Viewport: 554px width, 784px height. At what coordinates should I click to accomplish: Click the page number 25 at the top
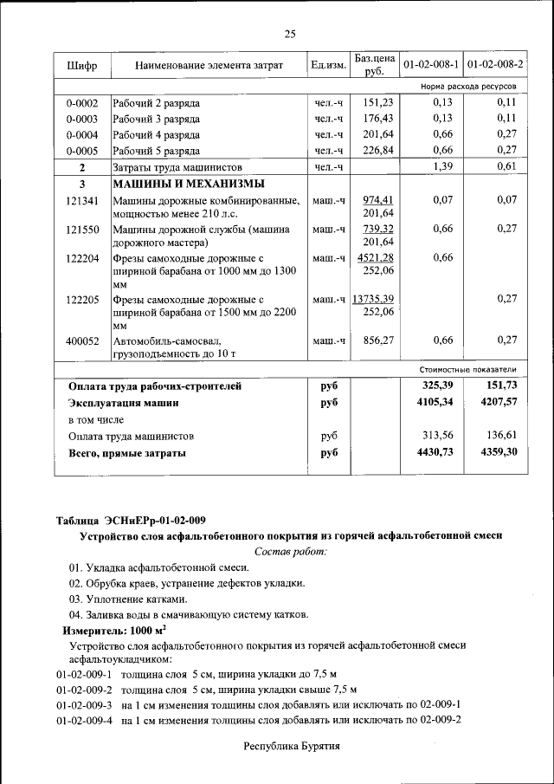pyautogui.click(x=290, y=34)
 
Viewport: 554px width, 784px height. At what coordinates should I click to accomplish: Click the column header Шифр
pyautogui.click(x=82, y=65)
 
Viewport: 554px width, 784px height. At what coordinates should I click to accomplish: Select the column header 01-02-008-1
pyautogui.click(x=430, y=65)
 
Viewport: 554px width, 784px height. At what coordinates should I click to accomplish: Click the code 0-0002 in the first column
pyautogui.click(x=82, y=102)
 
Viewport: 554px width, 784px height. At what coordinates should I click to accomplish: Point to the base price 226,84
pyautogui.click(x=377, y=150)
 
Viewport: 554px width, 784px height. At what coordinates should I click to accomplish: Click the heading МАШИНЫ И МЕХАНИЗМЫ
pyautogui.click(x=188, y=184)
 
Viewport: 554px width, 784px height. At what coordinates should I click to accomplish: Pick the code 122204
pyautogui.click(x=82, y=258)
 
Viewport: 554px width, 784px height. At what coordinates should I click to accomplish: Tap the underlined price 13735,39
pyautogui.click(x=374, y=299)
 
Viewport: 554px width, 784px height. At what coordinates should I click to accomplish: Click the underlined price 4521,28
pyautogui.click(x=377, y=257)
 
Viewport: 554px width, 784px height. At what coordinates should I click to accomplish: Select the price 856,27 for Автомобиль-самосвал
pyautogui.click(x=377, y=340)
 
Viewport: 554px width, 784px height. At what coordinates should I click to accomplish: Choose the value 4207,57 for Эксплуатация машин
pyautogui.click(x=498, y=403)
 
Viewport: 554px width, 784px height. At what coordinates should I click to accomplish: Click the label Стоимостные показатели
pyautogui.click(x=473, y=369)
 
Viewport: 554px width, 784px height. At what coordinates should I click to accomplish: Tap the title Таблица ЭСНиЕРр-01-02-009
pyautogui.click(x=131, y=520)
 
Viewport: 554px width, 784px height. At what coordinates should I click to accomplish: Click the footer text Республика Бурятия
pyautogui.click(x=291, y=745)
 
